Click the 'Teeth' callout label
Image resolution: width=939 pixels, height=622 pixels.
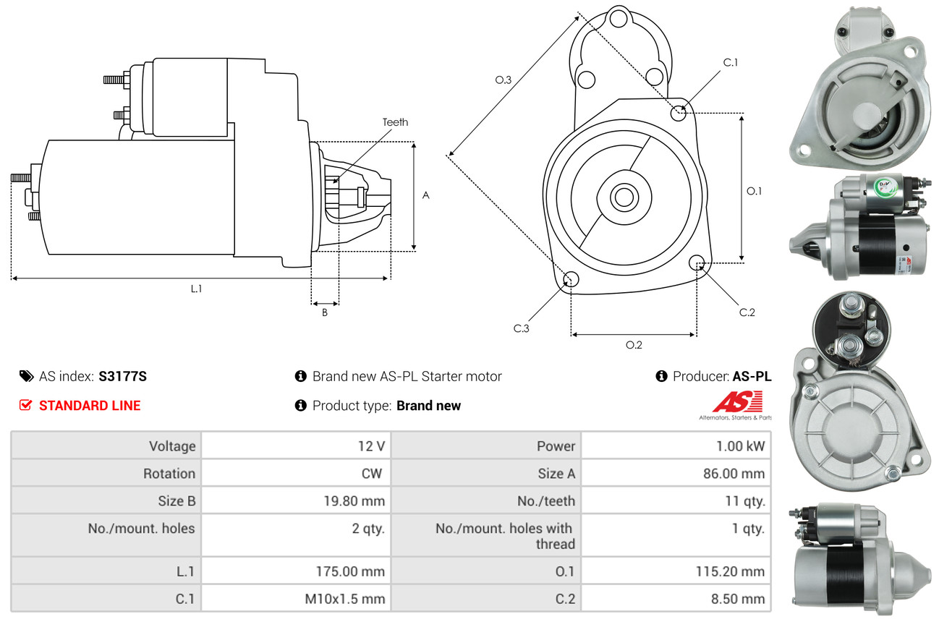click(395, 122)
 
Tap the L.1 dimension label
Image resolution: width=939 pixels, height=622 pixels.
click(196, 289)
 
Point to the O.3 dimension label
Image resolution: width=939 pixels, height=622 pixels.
click(504, 80)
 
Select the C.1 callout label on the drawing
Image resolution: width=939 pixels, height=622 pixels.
click(731, 62)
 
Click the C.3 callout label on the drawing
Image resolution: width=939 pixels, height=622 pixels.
click(522, 328)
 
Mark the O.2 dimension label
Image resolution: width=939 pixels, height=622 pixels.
click(634, 345)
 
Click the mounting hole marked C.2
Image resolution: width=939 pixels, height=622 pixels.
click(697, 263)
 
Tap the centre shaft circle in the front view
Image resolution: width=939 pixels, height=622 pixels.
click(621, 196)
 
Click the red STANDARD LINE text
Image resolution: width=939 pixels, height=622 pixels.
click(90, 406)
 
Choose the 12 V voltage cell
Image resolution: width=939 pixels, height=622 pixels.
click(371, 446)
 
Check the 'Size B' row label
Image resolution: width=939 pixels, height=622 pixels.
click(177, 500)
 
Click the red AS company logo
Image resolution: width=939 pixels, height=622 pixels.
click(737, 401)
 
